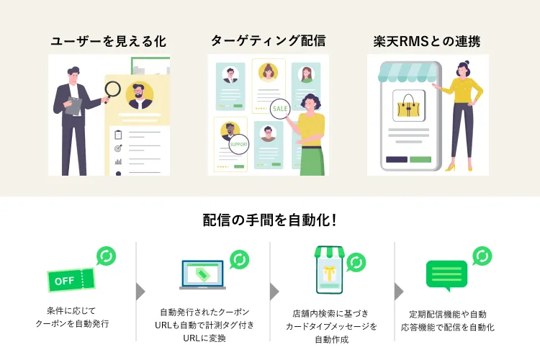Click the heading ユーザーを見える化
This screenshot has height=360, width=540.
click(x=108, y=42)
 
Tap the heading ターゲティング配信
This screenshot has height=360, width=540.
click(x=268, y=41)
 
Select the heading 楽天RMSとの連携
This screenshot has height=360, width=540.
click(x=428, y=41)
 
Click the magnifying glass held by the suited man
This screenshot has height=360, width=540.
click(x=112, y=90)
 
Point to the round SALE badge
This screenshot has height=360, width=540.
click(x=280, y=109)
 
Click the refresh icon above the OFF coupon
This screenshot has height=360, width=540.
click(x=106, y=256)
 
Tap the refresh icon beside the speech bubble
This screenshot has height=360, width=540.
click(x=482, y=256)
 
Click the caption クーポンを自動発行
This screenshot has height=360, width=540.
click(x=71, y=325)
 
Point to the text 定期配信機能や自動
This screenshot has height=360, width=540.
click(x=447, y=314)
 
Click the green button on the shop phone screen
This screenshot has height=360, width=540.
click(x=420, y=159)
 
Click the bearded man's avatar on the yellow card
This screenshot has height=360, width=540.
click(x=139, y=94)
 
